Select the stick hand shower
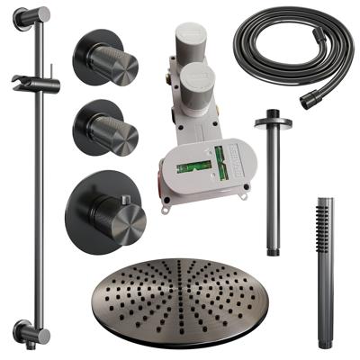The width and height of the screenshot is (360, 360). tap(325, 270)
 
